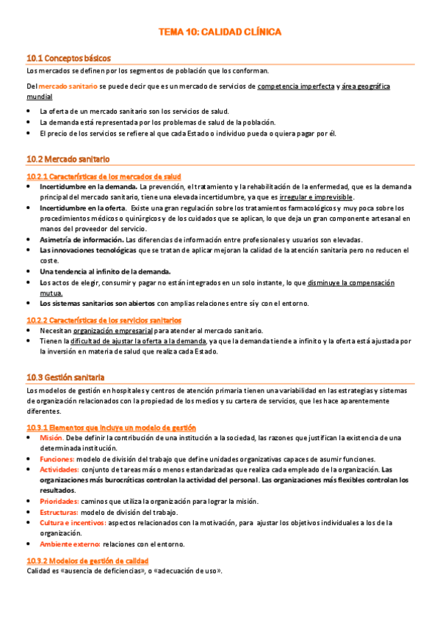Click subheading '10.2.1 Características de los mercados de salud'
pyautogui.click(x=104, y=177)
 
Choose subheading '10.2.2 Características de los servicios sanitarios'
pyautogui.click(x=104, y=320)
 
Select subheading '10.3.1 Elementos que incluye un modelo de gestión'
pyautogui.click(x=111, y=428)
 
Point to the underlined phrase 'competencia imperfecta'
pyautogui.click(x=296, y=87)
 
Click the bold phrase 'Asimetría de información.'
pyautogui.click(x=82, y=240)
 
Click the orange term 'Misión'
pyautogui.click(x=51, y=438)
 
